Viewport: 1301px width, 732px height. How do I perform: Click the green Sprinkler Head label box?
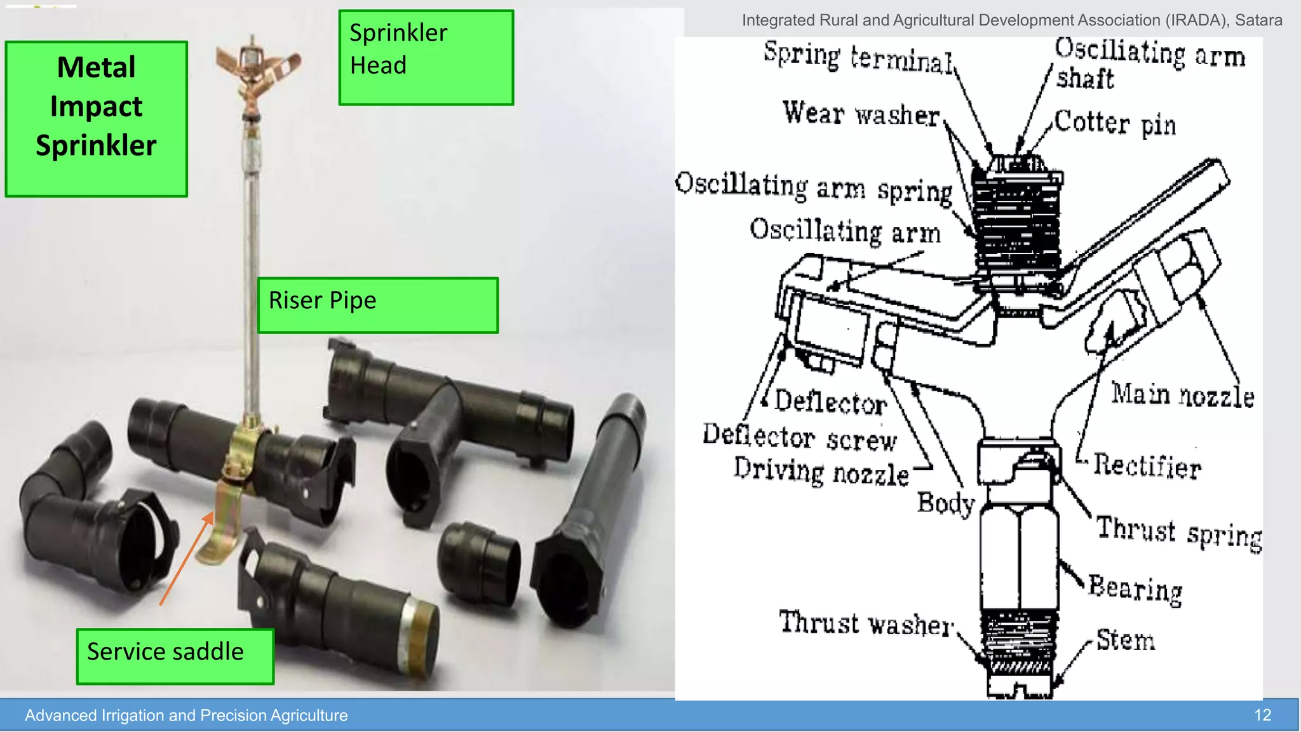point(426,57)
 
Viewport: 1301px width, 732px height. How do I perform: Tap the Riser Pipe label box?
point(377,305)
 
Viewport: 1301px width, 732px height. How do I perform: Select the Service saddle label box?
point(175,656)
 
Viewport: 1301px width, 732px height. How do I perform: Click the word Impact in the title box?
point(96,106)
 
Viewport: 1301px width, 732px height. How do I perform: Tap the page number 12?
point(1262,715)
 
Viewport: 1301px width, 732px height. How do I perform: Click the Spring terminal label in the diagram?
point(858,57)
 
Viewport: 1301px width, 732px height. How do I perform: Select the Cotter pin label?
point(1115,123)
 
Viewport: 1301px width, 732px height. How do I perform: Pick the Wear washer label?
point(861,114)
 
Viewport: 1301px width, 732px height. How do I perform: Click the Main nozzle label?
point(1182,395)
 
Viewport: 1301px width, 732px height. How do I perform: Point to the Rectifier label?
point(1147,466)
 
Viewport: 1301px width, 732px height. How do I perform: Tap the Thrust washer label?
point(866,623)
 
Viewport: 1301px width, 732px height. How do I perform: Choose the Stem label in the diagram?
point(1125,639)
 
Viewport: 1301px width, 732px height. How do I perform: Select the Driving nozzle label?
point(821,472)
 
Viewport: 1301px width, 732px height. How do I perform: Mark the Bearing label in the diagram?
point(1135,588)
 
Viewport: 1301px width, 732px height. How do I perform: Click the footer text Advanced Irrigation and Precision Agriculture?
point(186,715)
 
